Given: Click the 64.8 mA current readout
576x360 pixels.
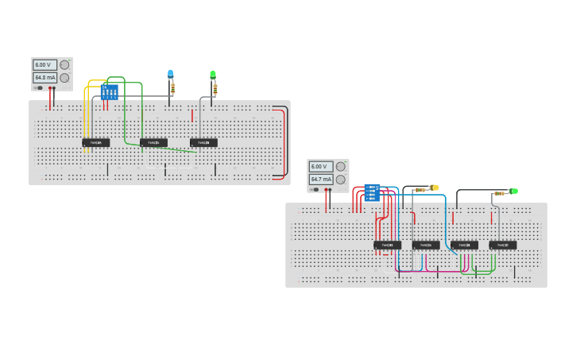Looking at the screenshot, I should coord(44,78).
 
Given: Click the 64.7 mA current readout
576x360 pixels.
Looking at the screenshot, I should coord(321,180).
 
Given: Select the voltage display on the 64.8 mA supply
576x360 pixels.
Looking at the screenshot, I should coord(44,64).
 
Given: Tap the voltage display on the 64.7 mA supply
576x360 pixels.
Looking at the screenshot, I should coord(321,167).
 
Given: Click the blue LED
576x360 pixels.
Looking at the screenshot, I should coord(170,74).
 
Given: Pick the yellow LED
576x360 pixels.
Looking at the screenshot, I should coord(435,188).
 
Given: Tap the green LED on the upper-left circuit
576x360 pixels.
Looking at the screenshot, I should coord(213,75).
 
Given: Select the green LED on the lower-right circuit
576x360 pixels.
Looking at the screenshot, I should coord(514,191).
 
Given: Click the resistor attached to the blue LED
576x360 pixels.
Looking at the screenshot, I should coord(172,87).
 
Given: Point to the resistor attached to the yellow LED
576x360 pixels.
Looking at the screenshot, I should coord(419,189).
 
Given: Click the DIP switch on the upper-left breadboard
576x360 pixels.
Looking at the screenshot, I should coord(110,91).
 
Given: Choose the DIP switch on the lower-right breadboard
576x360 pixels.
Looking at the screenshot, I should coord(372,192).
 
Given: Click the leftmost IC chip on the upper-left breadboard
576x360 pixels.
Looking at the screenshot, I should coord(96,143).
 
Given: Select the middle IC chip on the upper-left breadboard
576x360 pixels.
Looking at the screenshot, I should coord(153,143).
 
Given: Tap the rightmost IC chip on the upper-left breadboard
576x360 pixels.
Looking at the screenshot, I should coord(203,143).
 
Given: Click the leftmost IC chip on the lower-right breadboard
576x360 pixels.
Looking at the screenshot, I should coord(387,245).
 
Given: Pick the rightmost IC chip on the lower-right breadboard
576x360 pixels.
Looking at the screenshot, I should coord(502,245).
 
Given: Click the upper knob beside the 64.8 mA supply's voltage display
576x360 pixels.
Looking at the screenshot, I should coord(64,64).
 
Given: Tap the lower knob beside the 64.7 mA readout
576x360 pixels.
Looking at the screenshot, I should coord(340,180).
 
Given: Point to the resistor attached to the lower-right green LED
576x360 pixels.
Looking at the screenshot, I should coord(499,193).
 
